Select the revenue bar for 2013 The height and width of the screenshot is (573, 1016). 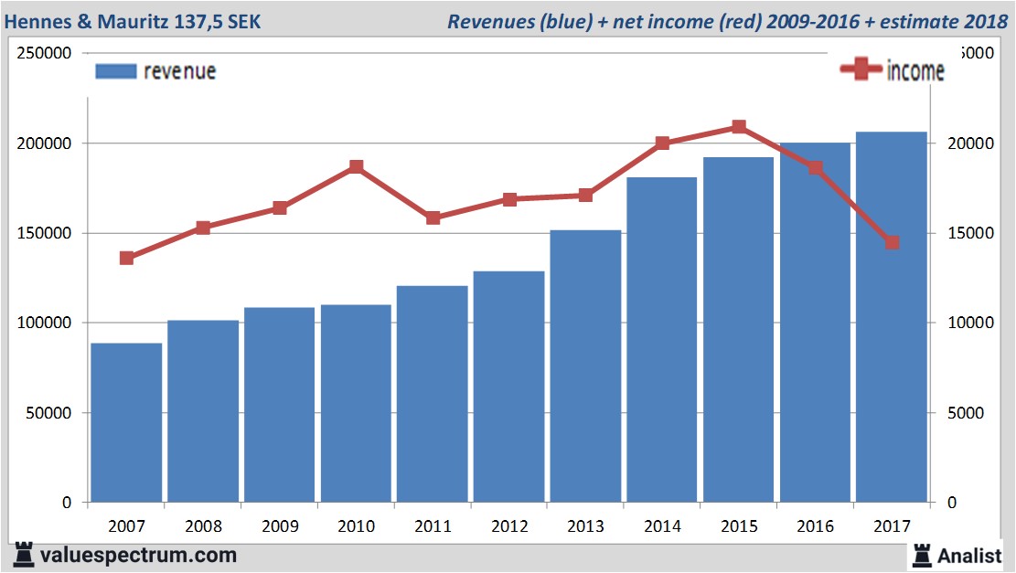pos(586,366)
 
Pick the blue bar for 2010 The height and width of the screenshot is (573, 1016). pos(356,403)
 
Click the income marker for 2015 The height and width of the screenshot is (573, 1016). pos(739,127)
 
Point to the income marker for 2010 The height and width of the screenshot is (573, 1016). pos(356,167)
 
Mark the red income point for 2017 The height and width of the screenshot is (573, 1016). pos(892,242)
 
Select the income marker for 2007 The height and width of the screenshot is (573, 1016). pos(126,258)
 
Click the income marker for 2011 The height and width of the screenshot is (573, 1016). pos(433,218)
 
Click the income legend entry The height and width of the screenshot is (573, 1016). pos(893,70)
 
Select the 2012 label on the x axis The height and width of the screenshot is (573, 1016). pos(508,526)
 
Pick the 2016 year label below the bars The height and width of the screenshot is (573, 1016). pos(815,526)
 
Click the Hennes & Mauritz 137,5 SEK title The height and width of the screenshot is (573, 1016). pos(134,21)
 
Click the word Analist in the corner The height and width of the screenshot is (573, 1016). pos(970,555)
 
